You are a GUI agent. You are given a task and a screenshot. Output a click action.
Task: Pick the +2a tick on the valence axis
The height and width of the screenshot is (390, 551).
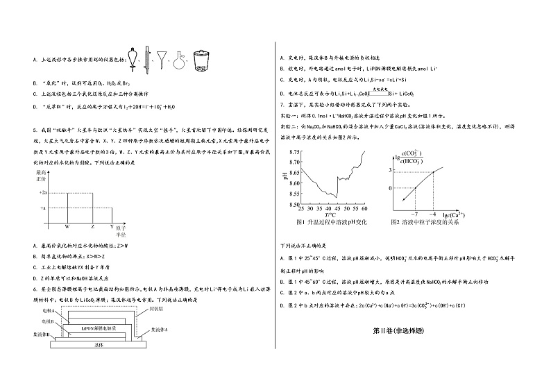coord(42,192)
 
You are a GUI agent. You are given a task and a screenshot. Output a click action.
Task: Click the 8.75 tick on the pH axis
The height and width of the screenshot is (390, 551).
coord(293,151)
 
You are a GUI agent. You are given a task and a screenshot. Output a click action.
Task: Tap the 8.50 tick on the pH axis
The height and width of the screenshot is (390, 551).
coord(293,204)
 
